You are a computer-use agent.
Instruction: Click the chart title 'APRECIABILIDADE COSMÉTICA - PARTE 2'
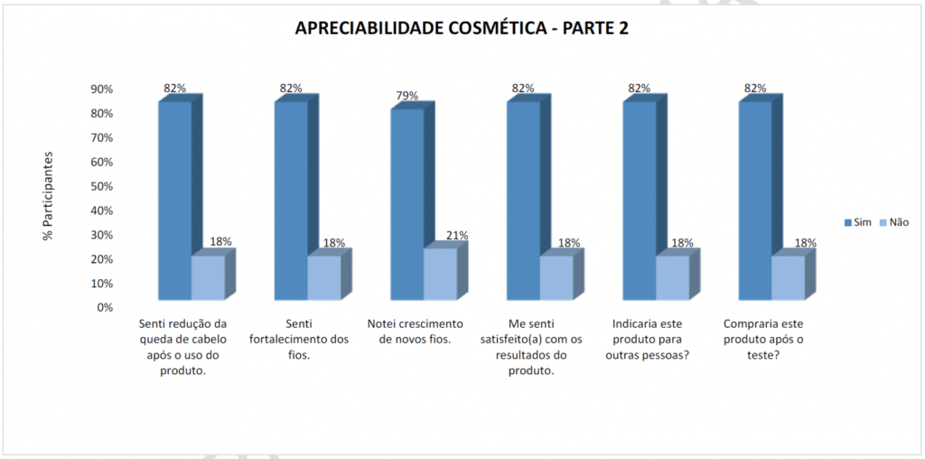[x=462, y=28]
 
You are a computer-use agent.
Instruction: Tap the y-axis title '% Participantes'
[x=47, y=196]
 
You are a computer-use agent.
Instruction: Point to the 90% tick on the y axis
[x=101, y=89]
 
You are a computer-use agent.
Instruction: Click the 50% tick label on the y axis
[x=101, y=186]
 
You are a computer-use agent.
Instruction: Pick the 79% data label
[x=406, y=96]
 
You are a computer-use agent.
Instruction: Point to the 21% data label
[x=457, y=236]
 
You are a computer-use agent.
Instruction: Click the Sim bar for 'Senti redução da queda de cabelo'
[x=174, y=199]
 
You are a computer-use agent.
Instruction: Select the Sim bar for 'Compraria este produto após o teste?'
[x=754, y=199]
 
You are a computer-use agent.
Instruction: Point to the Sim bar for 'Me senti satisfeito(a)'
[x=522, y=199]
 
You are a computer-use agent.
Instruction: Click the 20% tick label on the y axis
[x=101, y=259]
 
